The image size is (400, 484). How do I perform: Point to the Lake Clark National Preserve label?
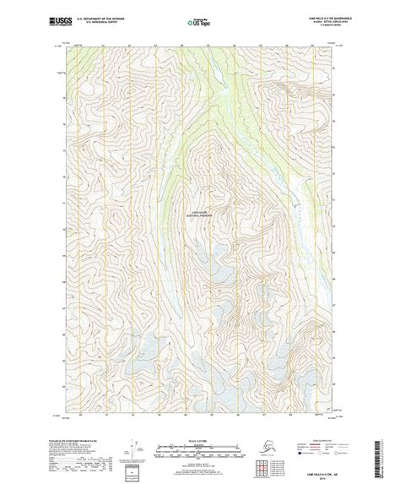click(x=199, y=215)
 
